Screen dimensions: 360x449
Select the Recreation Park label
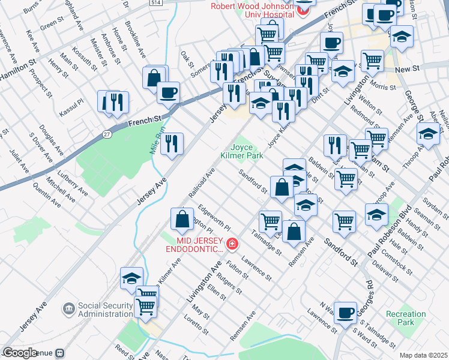click(406, 318)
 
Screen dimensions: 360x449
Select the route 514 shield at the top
click(156, 3)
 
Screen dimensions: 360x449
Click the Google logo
click(20, 353)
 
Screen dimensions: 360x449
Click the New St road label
click(406, 70)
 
